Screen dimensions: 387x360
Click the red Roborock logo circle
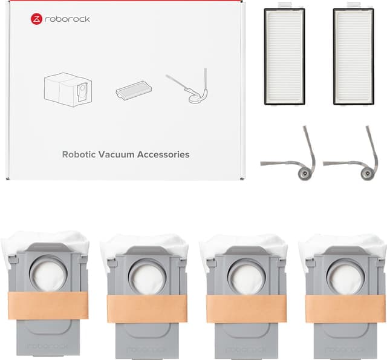(36, 19)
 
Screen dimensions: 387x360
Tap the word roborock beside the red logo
(67, 19)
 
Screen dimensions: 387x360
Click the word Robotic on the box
(79, 154)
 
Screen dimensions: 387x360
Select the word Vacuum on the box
(116, 154)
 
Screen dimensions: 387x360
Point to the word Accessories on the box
(163, 154)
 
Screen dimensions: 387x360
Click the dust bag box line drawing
(68, 90)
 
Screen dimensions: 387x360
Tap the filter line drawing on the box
(134, 90)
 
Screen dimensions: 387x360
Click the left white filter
(285, 56)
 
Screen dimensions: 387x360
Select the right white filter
(353, 56)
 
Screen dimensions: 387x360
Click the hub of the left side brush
(304, 173)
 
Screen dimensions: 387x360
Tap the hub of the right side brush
(366, 173)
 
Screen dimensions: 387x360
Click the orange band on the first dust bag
(48, 306)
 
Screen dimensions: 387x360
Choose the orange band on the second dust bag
(147, 309)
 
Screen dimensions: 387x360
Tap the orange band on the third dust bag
(246, 309)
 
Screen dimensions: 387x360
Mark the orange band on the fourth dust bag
(345, 309)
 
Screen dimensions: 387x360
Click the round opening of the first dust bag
(48, 274)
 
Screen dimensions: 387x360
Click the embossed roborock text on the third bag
(247, 350)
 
